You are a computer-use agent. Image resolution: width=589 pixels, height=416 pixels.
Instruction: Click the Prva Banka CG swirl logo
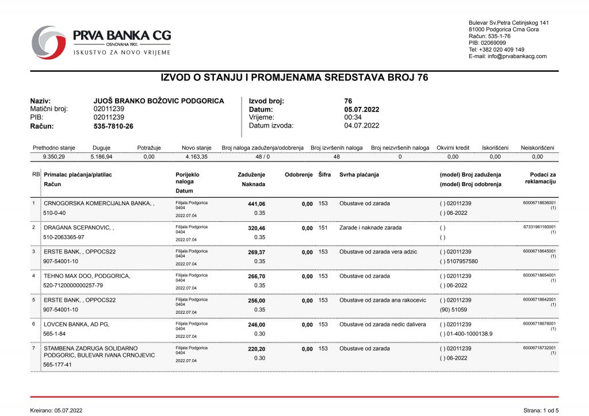pyautogui.click(x=49, y=42)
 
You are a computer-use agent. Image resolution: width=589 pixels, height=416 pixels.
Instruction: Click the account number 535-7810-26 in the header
pyautogui.click(x=113, y=126)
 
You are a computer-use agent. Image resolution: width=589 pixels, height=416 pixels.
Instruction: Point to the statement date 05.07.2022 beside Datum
pyautogui.click(x=362, y=109)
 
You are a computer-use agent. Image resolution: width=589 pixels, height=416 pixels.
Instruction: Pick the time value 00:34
pyautogui.click(x=353, y=117)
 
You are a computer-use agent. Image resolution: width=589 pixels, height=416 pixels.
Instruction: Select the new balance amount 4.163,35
pyautogui.click(x=197, y=156)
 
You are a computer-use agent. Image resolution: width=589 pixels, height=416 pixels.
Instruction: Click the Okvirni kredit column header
pyautogui.click(x=453, y=148)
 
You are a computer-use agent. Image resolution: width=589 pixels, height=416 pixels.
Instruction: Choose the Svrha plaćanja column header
pyautogui.click(x=359, y=175)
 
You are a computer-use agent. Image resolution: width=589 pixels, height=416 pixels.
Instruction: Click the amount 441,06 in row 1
pyautogui.click(x=255, y=203)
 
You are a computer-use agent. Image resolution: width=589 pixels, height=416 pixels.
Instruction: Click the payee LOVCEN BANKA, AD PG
pyautogui.click(x=77, y=324)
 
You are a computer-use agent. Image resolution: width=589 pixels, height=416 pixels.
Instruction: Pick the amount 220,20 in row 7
pyautogui.click(x=255, y=348)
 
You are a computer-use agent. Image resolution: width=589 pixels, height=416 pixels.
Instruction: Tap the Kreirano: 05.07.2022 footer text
pyautogui.click(x=56, y=410)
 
